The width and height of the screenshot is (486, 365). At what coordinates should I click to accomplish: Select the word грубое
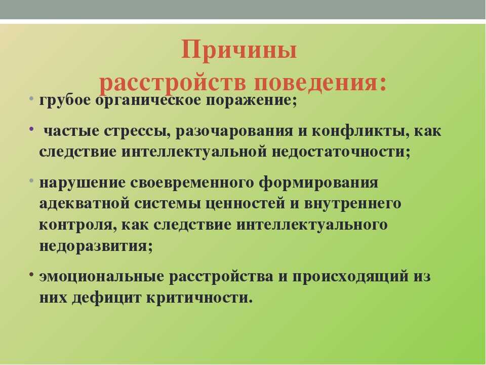[65, 100]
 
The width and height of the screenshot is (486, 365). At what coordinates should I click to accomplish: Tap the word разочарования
[234, 131]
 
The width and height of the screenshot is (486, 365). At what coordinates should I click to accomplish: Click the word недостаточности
[339, 152]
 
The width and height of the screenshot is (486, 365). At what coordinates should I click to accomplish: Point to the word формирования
[318, 182]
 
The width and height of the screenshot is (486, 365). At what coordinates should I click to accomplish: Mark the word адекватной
[85, 204]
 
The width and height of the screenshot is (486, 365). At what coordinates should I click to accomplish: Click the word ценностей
[245, 204]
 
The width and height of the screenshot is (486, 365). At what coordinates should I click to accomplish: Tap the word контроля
[75, 225]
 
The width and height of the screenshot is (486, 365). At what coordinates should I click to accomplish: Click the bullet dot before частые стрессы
[31, 128]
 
